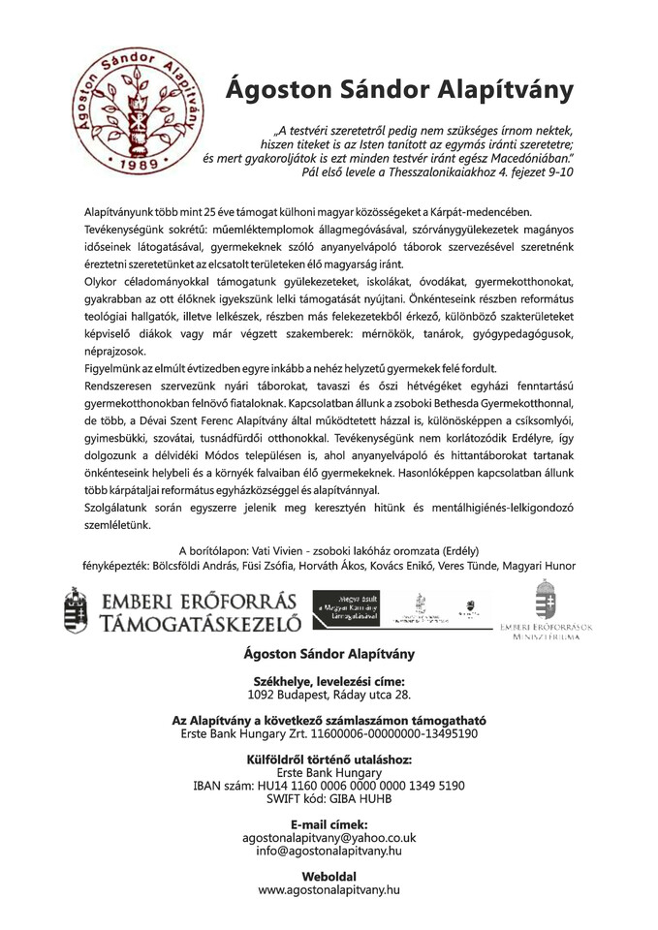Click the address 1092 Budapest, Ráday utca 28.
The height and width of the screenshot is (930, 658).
pos(329,696)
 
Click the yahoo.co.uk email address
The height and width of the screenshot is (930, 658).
pos(329,836)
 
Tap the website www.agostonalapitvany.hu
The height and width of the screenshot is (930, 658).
pos(329,887)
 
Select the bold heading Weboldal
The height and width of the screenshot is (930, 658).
pos(329,874)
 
